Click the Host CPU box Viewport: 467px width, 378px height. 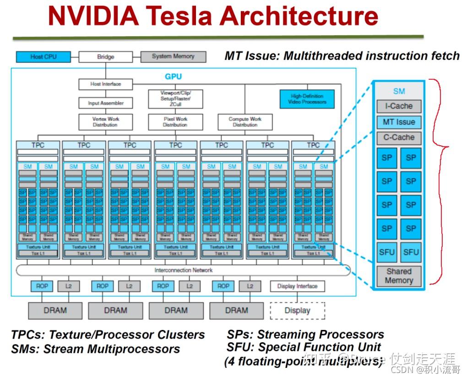coord(43,57)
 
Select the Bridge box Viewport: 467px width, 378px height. coord(106,57)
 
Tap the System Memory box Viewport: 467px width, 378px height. coord(173,56)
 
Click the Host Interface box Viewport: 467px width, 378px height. coord(105,84)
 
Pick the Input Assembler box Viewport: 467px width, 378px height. coord(106,103)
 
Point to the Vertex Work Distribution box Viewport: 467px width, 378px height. coord(106,122)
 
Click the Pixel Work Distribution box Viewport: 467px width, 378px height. coord(175,122)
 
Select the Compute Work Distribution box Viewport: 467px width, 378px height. coord(244,122)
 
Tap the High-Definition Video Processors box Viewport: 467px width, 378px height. coord(307,99)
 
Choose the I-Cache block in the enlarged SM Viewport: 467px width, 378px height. coord(399,106)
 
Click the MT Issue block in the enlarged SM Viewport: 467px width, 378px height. coord(399,122)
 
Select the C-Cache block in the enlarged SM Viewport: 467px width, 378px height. coord(399,137)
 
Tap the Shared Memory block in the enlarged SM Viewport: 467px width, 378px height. coord(399,276)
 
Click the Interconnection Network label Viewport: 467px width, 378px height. coord(183,270)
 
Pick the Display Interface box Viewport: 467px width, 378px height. coord(297,286)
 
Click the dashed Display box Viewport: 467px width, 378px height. coord(297,311)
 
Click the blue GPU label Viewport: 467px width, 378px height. coord(173,77)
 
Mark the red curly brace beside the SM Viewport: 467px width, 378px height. coord(442,147)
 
